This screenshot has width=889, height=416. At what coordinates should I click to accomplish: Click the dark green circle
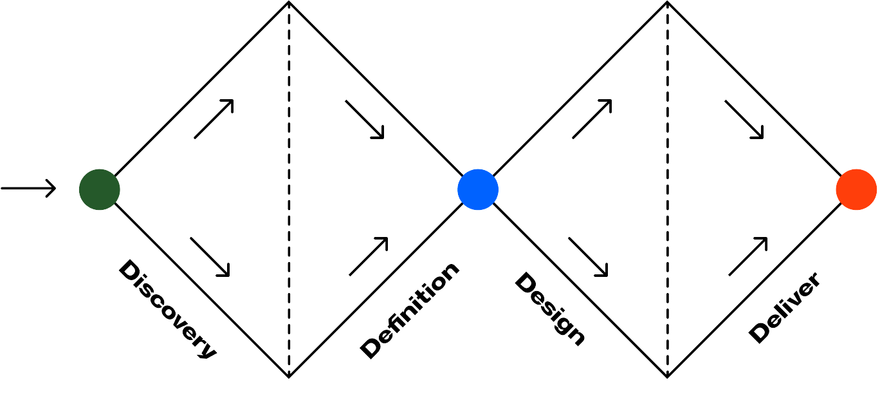(x=99, y=189)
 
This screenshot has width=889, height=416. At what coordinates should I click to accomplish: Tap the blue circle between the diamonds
(x=478, y=189)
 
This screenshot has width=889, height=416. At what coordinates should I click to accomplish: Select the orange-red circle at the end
(x=856, y=189)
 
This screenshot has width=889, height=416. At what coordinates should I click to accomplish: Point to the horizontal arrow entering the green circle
(x=29, y=189)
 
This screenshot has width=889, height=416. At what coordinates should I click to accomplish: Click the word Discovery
(x=167, y=309)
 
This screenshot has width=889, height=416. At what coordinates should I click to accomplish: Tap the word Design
(x=550, y=308)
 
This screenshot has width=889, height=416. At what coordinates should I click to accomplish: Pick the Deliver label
(x=785, y=307)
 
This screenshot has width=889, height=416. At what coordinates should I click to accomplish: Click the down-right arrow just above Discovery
(x=210, y=257)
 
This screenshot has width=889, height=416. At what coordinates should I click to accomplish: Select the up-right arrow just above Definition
(x=369, y=256)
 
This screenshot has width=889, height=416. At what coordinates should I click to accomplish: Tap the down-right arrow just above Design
(x=588, y=257)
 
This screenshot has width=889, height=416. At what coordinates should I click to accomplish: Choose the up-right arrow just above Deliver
(x=748, y=256)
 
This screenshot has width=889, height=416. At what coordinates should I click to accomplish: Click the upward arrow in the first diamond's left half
(x=214, y=119)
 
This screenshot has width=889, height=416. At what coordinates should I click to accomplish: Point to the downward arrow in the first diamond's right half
(x=365, y=119)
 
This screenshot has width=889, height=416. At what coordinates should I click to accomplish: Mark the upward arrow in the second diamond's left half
(x=592, y=119)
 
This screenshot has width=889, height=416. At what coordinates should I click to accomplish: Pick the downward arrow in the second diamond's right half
(x=744, y=119)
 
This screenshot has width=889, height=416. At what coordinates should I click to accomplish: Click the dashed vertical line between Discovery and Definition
(x=289, y=193)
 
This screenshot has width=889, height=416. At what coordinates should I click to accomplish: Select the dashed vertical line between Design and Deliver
(x=667, y=193)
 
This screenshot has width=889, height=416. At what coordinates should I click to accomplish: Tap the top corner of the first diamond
(x=289, y=3)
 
